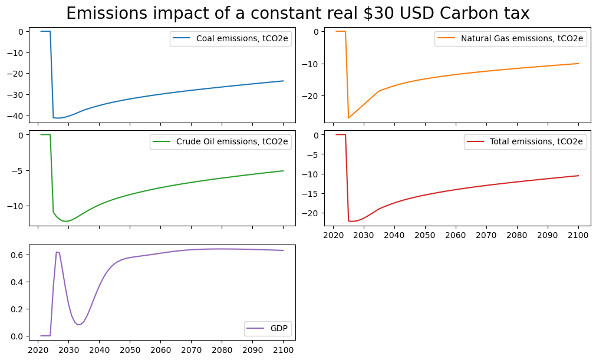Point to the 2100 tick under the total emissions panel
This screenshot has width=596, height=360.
[x=578, y=235]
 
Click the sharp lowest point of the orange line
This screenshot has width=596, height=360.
[x=348, y=118]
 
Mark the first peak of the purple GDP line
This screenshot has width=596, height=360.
[x=57, y=252]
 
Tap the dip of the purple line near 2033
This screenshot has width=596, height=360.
[x=78, y=325]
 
